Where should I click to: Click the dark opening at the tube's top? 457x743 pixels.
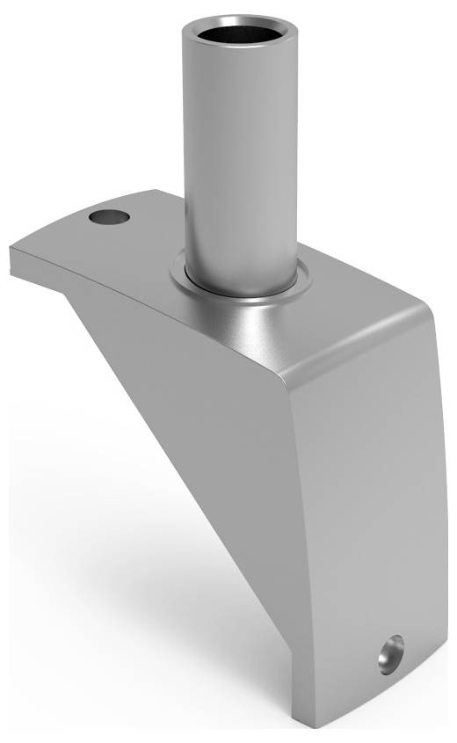coord(237,35)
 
